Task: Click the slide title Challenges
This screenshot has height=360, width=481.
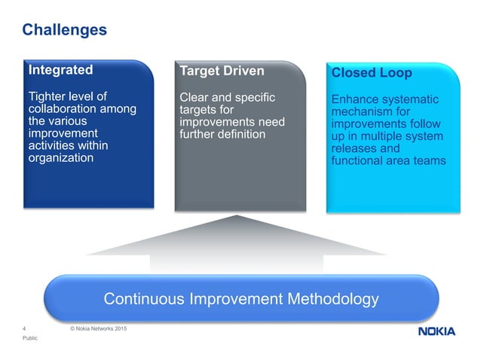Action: tap(64, 30)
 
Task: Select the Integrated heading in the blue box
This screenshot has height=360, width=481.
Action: tap(60, 70)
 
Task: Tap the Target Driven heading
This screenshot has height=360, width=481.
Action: tap(222, 72)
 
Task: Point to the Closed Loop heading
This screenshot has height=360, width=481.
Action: tap(372, 75)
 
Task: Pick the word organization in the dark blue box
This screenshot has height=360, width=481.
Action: tap(60, 158)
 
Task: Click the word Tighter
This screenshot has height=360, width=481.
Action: tap(47, 96)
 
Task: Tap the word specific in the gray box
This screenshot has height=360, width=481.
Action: tap(251, 97)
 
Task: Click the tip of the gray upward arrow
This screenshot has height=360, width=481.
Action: tap(238, 217)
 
